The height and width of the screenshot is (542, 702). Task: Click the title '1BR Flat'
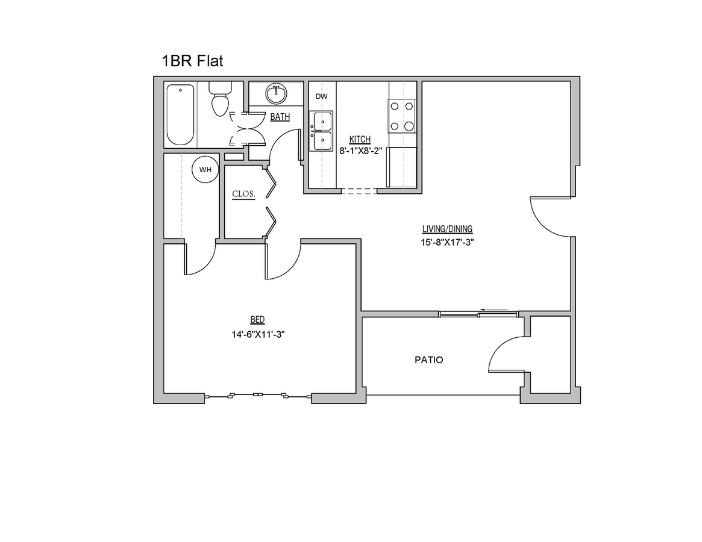coord(192,61)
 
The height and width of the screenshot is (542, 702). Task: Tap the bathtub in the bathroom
coord(180,115)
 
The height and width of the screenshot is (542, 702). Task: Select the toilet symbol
coord(219,102)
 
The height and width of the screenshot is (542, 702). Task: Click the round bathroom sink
coord(276,94)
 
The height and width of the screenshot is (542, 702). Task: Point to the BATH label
coord(280,117)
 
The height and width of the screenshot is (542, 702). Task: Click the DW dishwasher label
coord(322,96)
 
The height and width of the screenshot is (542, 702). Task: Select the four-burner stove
coord(402,116)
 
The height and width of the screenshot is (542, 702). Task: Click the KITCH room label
coord(360,139)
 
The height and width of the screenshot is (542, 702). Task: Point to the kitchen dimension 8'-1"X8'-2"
coord(360,152)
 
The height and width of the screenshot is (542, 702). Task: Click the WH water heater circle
coord(205,170)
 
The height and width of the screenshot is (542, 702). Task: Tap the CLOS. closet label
coord(244,194)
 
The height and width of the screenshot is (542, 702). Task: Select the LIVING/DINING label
coord(447,229)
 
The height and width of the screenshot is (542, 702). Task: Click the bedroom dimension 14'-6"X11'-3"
coord(257,335)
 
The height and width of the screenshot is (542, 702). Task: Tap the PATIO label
coord(429,360)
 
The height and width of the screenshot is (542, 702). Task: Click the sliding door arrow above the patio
coord(498,312)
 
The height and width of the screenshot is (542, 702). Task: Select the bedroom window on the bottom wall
coord(258,395)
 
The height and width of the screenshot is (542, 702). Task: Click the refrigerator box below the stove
coord(402,167)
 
